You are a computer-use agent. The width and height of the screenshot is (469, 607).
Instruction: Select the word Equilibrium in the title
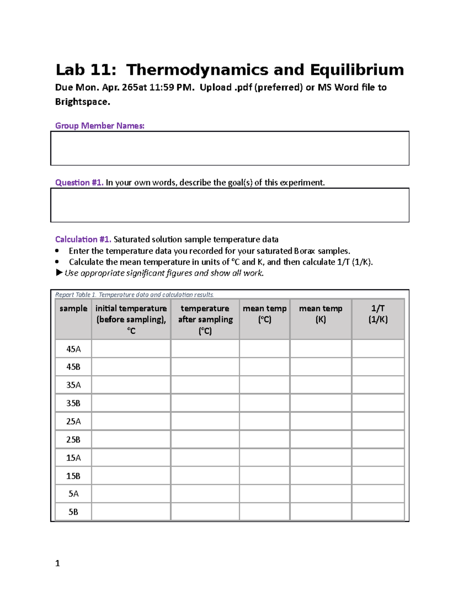pos(357,70)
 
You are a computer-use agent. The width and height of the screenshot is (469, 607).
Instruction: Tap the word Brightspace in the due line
pos(82,102)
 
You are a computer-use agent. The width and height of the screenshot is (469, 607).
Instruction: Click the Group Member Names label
pos(100,125)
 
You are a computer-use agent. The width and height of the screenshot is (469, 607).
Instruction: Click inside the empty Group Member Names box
pos(229,148)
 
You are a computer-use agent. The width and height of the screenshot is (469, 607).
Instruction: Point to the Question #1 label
pos(79,183)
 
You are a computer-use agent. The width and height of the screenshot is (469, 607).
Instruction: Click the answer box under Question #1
pos(229,205)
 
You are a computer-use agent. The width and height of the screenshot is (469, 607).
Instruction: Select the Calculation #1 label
pos(83,239)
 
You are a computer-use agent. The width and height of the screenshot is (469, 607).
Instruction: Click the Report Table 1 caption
pos(134,295)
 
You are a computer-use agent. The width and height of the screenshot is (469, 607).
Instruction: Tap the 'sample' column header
pos(73,308)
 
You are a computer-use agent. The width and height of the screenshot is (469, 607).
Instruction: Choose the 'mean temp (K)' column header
pos(320,314)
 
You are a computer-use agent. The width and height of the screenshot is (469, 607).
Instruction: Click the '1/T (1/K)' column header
pos(378,314)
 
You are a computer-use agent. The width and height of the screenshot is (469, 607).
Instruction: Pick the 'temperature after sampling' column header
pos(205,319)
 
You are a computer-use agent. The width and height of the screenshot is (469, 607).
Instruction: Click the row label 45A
pos(73,349)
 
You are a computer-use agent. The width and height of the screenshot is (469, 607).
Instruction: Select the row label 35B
pos(73,403)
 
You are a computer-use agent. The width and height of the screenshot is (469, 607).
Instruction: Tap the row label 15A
pos(73,458)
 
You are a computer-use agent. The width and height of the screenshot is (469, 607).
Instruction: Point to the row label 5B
pos(73,512)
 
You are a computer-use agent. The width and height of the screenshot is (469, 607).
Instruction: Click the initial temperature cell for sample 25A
pos(131,421)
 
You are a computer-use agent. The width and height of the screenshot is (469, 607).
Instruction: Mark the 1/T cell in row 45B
pos(378,367)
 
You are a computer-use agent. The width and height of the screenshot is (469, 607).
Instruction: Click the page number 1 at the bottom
pos(57,563)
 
